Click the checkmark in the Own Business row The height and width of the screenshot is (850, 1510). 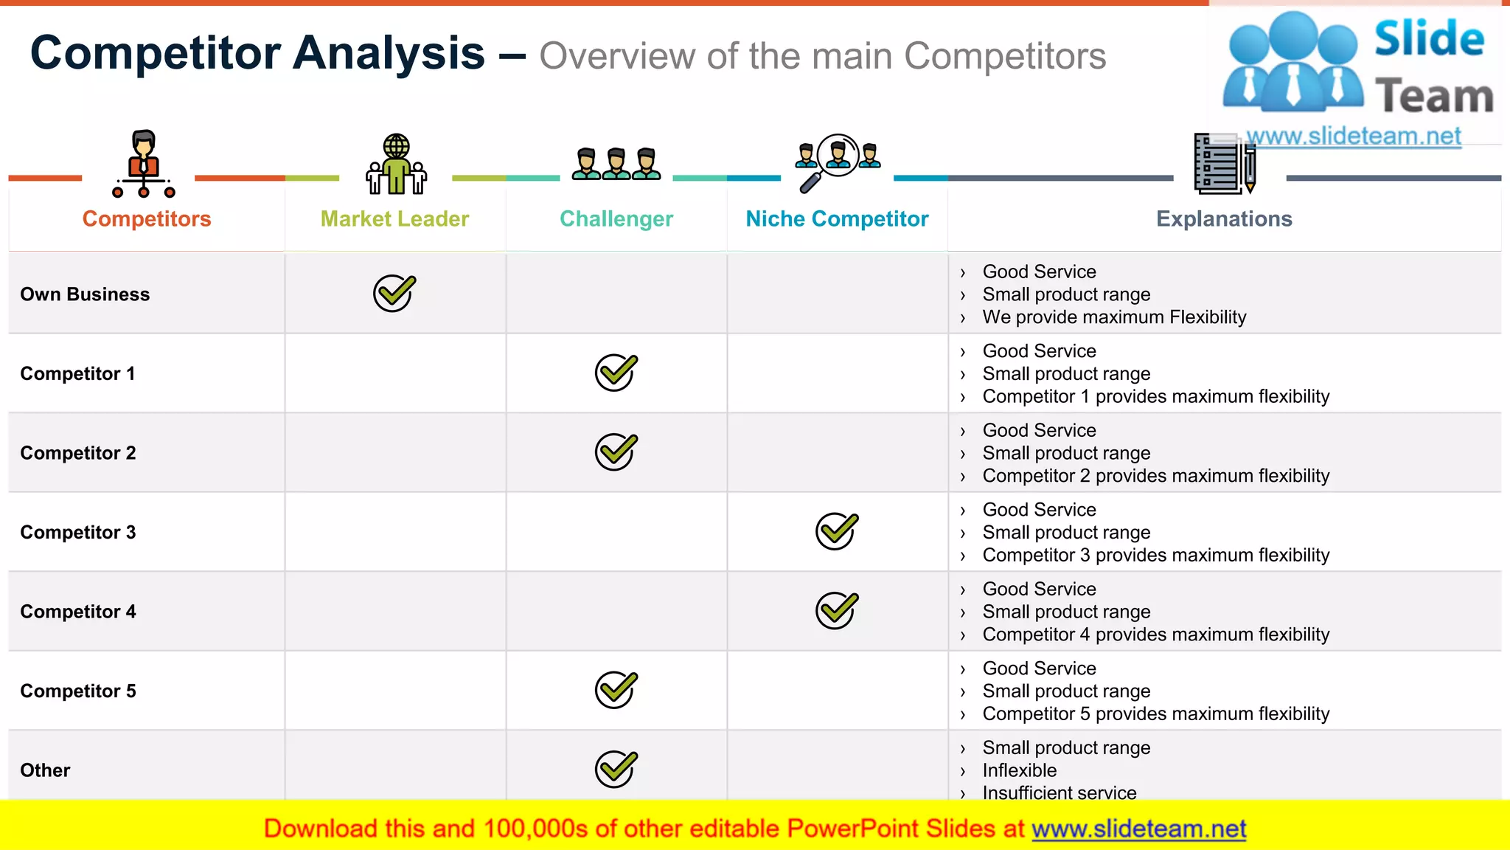click(x=394, y=294)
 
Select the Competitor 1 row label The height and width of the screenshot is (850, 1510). click(x=77, y=373)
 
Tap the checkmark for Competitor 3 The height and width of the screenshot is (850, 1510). click(x=836, y=531)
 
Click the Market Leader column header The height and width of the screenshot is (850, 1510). click(x=394, y=219)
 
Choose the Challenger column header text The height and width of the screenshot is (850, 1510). click(x=616, y=219)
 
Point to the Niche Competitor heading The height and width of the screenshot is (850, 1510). click(x=837, y=219)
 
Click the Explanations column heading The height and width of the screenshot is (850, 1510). click(x=1224, y=219)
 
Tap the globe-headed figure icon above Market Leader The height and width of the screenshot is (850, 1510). click(x=396, y=164)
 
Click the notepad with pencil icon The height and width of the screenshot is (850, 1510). click(x=1224, y=164)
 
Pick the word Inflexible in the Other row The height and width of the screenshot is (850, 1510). click(x=1019, y=770)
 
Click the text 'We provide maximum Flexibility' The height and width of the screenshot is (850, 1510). click(x=1113, y=317)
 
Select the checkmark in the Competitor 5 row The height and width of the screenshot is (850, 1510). click(x=616, y=690)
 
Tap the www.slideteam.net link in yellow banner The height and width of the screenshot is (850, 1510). click(x=1138, y=829)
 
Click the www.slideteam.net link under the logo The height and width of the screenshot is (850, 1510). click(x=1353, y=136)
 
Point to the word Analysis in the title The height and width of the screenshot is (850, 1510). click(x=389, y=53)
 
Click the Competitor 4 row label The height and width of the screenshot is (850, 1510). click(x=77, y=612)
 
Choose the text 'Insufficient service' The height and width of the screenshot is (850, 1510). click(x=1059, y=792)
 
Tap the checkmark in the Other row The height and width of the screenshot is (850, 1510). click(x=616, y=770)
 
